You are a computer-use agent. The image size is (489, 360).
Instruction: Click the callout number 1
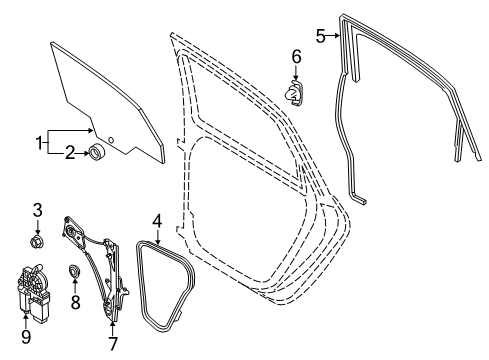tap(39, 143)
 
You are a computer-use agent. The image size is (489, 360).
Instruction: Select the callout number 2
tap(69, 153)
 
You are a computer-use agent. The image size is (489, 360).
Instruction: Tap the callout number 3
tap(37, 210)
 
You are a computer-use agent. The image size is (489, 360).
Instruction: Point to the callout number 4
tap(157, 221)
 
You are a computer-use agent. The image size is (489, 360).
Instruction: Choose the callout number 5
tap(320, 36)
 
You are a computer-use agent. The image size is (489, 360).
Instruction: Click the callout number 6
tap(296, 57)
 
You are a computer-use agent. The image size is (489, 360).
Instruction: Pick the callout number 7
tap(113, 344)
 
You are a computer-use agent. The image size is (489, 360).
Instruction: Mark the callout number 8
tap(75, 303)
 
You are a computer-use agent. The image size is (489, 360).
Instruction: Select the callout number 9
tap(26, 337)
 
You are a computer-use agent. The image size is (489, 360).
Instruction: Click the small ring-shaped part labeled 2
tap(97, 153)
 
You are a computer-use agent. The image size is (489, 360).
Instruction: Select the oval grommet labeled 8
tap(74, 270)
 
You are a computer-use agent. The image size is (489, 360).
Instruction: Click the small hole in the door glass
tap(111, 140)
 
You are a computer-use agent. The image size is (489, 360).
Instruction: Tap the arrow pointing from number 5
tap(333, 35)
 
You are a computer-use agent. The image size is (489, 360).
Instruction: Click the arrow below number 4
tap(157, 236)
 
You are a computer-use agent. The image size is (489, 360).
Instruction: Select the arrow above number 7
tap(113, 328)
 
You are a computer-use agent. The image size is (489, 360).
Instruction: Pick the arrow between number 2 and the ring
tap(83, 153)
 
